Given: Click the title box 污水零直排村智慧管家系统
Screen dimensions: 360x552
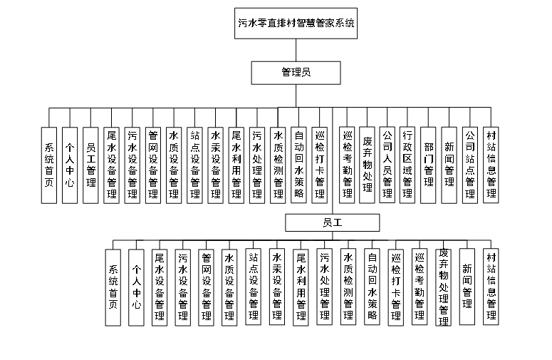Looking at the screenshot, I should pyautogui.click(x=296, y=24).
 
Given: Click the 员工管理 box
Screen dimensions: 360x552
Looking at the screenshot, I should pyautogui.click(x=90, y=164).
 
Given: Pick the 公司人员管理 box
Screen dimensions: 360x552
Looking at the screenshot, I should pyautogui.click(x=387, y=164).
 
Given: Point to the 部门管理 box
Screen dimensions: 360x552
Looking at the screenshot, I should pyautogui.click(x=429, y=164).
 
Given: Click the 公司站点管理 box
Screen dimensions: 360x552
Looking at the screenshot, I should pyautogui.click(x=470, y=164).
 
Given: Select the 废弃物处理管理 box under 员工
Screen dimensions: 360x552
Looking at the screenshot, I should pyautogui.click(x=444, y=286).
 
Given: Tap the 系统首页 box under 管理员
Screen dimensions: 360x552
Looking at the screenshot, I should pyautogui.click(x=49, y=164).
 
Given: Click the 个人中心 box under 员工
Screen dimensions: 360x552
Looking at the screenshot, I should pyautogui.click(x=137, y=286).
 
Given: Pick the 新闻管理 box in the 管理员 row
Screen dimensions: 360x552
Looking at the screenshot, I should pyautogui.click(x=449, y=164).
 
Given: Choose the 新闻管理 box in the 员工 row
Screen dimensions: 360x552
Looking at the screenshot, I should pyautogui.click(x=467, y=286).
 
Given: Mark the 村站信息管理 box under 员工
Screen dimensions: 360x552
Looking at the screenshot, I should pyautogui.click(x=491, y=286).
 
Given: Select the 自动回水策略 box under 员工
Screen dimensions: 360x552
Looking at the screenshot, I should pyautogui.click(x=373, y=286).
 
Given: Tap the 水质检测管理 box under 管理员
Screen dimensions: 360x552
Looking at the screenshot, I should pyautogui.click(x=278, y=164).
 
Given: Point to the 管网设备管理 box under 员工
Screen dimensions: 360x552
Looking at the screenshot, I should pyautogui.click(x=207, y=286).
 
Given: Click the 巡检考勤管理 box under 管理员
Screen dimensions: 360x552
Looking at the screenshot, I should pyautogui.click(x=347, y=164).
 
